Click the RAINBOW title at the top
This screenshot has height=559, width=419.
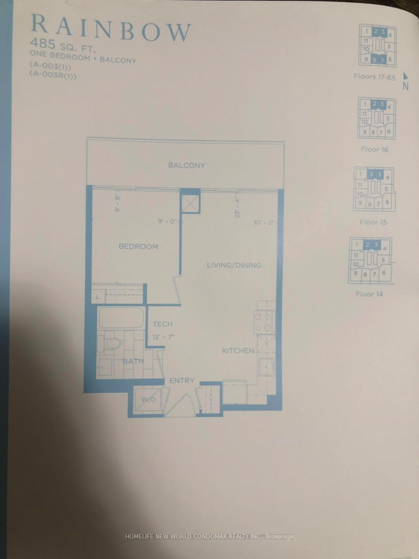(111, 28)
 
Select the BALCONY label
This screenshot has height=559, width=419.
(186, 165)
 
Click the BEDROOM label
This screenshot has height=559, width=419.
(138, 247)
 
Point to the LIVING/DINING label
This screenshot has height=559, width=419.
(234, 266)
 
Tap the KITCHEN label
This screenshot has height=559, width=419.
(238, 351)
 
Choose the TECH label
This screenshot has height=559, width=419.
(162, 324)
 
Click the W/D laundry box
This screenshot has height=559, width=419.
(147, 399)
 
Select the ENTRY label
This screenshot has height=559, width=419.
(182, 381)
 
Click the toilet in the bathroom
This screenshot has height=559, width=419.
(113, 344)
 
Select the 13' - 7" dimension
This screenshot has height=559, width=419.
(163, 337)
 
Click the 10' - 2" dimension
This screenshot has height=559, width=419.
(264, 223)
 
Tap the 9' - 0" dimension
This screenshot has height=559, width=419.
(168, 222)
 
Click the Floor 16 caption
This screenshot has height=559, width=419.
(374, 149)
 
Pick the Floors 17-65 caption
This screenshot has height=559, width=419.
(374, 77)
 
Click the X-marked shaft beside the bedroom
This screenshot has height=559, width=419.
(190, 202)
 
